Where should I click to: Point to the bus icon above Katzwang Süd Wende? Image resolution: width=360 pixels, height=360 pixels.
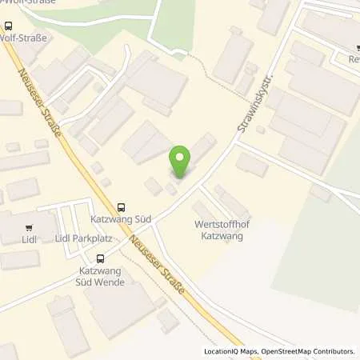[101, 258]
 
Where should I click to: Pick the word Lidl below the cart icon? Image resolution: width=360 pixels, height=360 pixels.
[30, 239]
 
